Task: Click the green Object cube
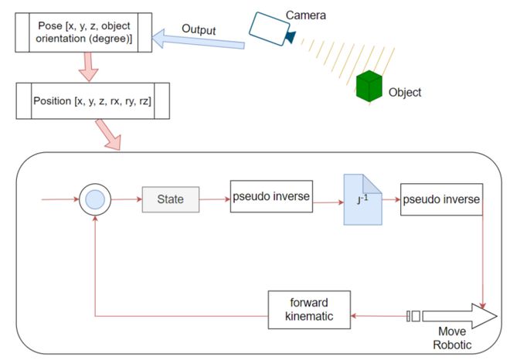pos(370,86)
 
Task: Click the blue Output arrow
pos(201,38)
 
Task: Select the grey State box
pos(170,199)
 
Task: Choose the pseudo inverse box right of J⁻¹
pos(441,201)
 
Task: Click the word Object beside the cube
pos(406,92)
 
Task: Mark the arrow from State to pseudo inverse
pos(215,199)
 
